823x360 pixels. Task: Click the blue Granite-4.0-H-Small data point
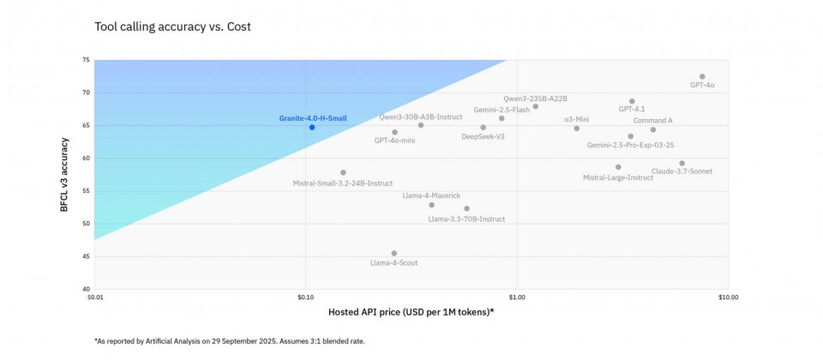click(312, 127)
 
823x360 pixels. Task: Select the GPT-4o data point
click(702, 77)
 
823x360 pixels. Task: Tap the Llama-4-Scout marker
click(394, 254)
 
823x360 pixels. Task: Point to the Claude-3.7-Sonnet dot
click(682, 163)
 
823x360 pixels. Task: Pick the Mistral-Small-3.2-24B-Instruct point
click(343, 173)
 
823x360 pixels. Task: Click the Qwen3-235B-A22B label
click(535, 99)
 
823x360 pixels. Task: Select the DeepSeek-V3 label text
click(483, 136)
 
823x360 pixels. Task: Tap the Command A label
click(653, 121)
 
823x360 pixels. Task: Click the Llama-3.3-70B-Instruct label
click(466, 219)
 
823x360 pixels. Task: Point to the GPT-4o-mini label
click(394, 141)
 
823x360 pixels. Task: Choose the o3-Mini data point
click(577, 129)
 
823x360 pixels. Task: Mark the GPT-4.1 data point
click(633, 101)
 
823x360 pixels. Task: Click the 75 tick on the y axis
click(86, 61)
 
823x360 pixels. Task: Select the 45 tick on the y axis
click(86, 256)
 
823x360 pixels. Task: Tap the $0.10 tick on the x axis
click(305, 297)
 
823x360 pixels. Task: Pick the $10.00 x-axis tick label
click(728, 297)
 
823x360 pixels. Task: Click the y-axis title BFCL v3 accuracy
click(63, 174)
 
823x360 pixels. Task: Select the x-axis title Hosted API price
click(411, 311)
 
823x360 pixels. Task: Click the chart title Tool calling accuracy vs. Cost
click(172, 27)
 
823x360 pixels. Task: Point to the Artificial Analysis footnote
click(229, 341)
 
